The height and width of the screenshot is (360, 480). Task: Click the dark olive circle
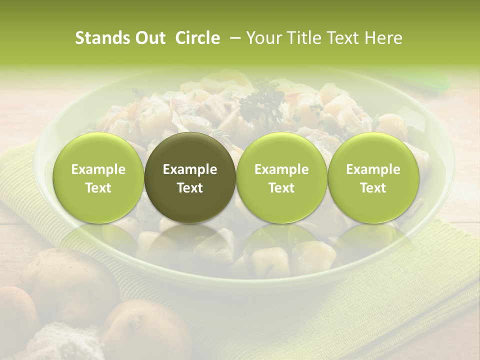tap(190, 178)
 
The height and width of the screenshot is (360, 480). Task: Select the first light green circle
tap(98, 178)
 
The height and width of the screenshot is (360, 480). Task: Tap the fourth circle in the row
tap(373, 178)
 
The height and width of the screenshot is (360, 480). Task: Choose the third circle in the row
tap(281, 178)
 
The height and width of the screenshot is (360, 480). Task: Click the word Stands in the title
tap(99, 38)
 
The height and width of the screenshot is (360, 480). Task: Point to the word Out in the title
tap(147, 38)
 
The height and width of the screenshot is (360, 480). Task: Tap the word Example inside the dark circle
tap(190, 169)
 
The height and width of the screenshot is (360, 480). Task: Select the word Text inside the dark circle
tap(190, 188)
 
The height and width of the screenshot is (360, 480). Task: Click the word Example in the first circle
tap(98, 169)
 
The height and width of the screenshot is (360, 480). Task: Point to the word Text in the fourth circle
tap(373, 188)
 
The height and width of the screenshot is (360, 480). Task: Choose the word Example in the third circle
tap(281, 169)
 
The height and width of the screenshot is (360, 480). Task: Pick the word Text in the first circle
tap(98, 188)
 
